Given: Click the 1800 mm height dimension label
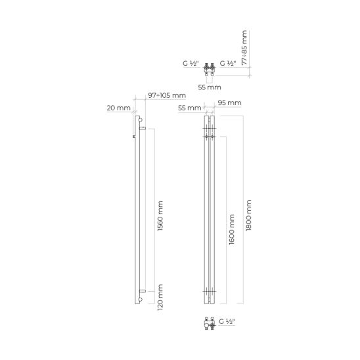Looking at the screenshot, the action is [x=248, y=215].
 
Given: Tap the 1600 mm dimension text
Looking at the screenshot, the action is [x=232, y=229].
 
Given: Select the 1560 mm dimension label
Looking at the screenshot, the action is [x=160, y=216].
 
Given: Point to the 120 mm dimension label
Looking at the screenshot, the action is [x=160, y=298].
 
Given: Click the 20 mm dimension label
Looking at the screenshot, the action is [x=118, y=108].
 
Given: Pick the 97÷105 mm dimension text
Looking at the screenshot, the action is [x=167, y=95].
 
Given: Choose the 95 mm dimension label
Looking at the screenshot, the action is [x=229, y=103].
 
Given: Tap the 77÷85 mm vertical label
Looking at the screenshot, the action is [x=244, y=47].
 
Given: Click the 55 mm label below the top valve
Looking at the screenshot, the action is [x=210, y=87].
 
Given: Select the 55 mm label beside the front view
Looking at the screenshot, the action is [x=190, y=108].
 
